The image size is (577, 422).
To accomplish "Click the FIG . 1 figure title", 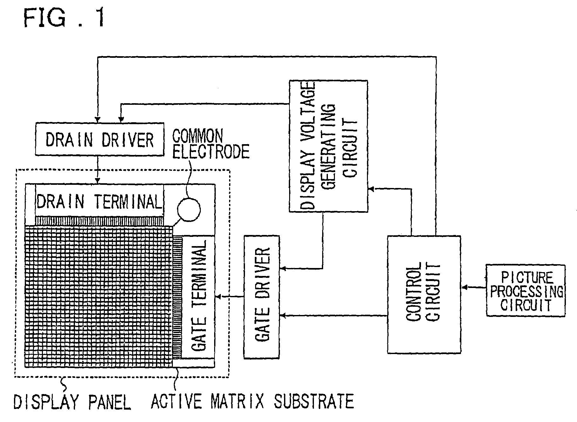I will pyautogui.click(x=64, y=18).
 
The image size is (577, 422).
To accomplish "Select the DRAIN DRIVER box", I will pyautogui.click(x=99, y=139).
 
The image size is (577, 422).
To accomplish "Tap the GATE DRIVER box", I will pyautogui.click(x=261, y=297).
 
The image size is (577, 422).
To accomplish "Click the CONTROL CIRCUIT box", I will pyautogui.click(x=424, y=294).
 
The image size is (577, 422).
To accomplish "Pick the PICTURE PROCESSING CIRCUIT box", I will pyautogui.click(x=526, y=291).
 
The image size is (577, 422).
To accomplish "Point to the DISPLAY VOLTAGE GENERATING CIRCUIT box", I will pyautogui.click(x=328, y=146).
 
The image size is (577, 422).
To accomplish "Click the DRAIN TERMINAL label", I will pyautogui.click(x=99, y=202).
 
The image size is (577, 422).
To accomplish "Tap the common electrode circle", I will pyautogui.click(x=189, y=210).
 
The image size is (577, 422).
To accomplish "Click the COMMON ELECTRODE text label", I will pyautogui.click(x=210, y=144).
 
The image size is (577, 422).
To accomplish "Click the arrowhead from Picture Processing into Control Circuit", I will pyautogui.click(x=464, y=287).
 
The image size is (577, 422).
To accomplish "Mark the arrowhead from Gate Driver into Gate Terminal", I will pyautogui.click(x=218, y=297).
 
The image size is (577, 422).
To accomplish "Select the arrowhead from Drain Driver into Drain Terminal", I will pyautogui.click(x=98, y=181).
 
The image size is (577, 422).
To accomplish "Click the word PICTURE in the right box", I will pyautogui.click(x=527, y=278).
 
